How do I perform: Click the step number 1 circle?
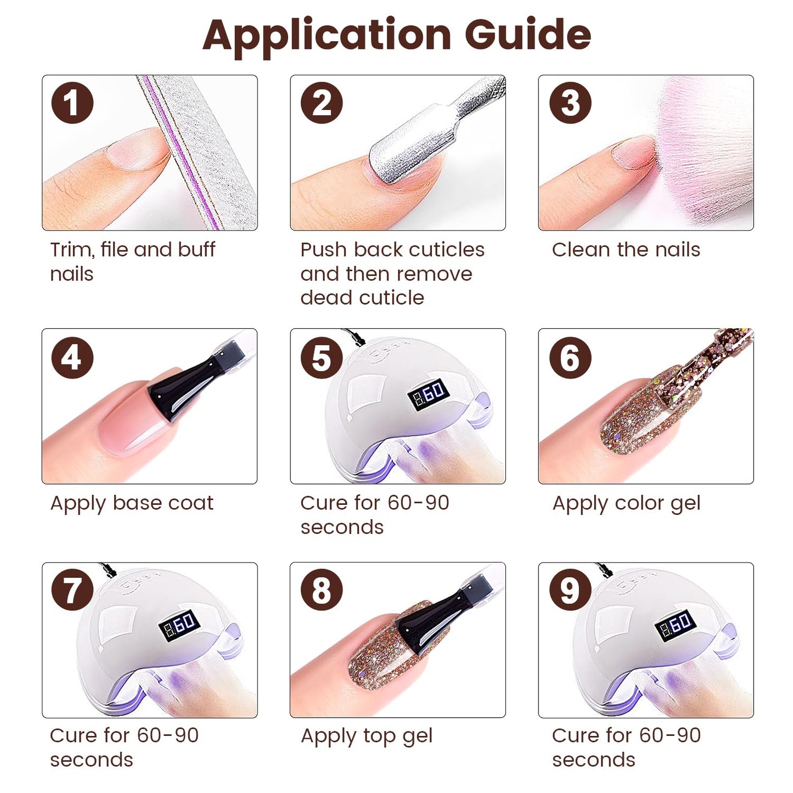tap(72, 103)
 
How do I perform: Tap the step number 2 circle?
tap(322, 103)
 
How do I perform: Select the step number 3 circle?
tap(570, 103)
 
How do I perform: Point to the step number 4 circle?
tap(72, 358)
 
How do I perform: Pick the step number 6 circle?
tap(570, 358)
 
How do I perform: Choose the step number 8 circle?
tap(322, 590)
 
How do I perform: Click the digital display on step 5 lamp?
tap(429, 393)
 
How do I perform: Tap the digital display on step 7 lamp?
tap(179, 626)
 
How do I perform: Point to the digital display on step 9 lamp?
tap(676, 626)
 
